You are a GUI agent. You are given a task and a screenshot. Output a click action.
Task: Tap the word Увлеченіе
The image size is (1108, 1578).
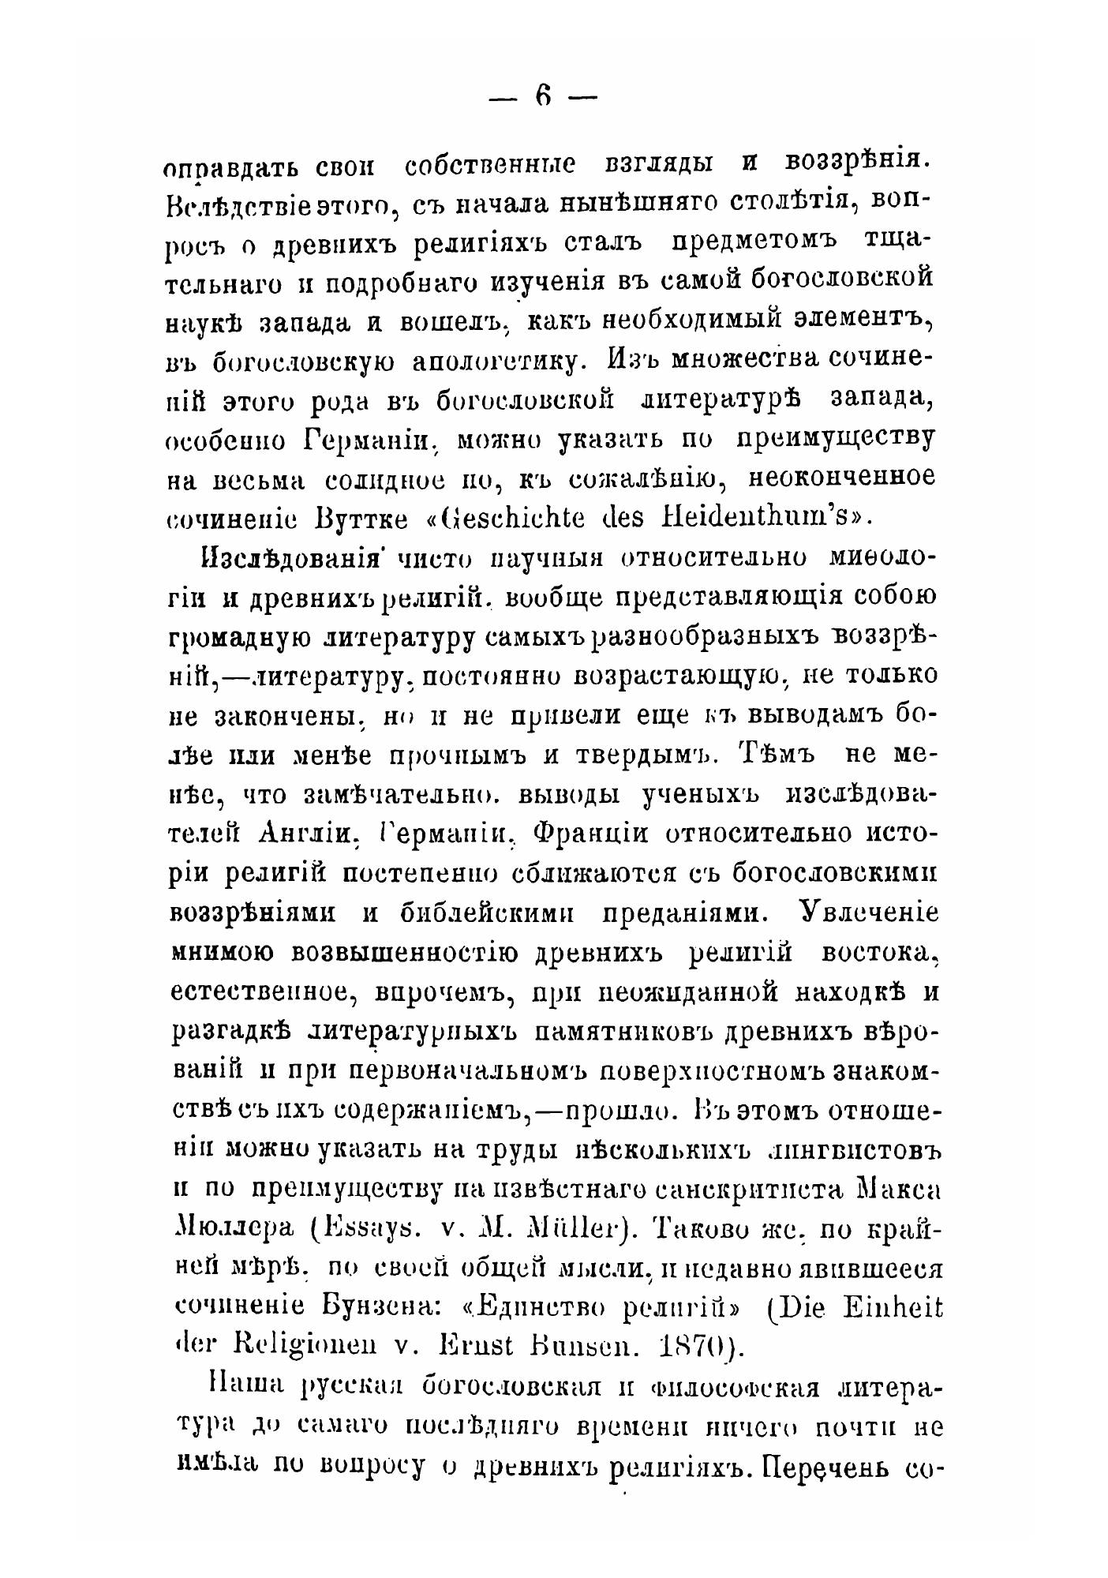click(870, 913)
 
